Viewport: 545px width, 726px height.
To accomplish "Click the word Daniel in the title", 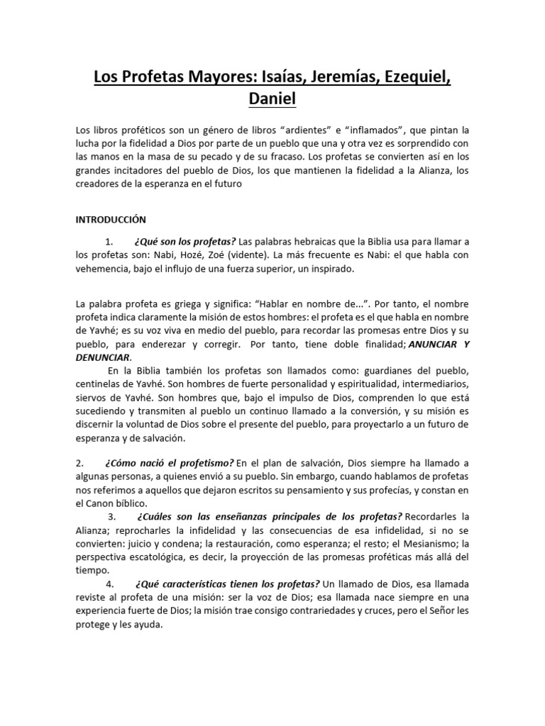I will pos(272,99).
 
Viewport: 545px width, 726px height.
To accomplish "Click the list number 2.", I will pos(79,463).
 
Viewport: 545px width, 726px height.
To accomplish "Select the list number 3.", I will pos(113,515).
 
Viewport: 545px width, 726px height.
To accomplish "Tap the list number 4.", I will pos(109,583).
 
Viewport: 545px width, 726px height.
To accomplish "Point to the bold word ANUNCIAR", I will pos(430,344).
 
